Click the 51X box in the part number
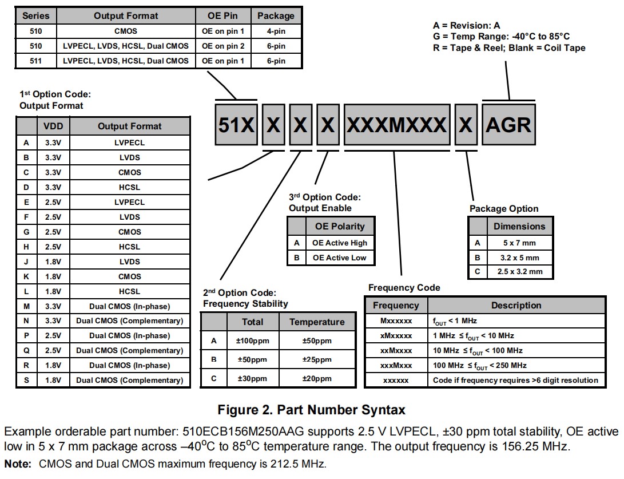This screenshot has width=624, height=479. (x=236, y=125)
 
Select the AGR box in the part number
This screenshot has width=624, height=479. (x=508, y=125)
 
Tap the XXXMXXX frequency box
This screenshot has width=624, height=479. (x=397, y=125)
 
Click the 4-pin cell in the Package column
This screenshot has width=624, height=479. (x=276, y=31)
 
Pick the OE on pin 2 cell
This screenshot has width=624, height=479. (x=222, y=46)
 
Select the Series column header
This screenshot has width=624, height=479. (x=35, y=16)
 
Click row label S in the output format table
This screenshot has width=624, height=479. (x=26, y=380)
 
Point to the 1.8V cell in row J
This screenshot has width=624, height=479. (x=53, y=262)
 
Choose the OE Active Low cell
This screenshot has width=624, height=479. (x=339, y=258)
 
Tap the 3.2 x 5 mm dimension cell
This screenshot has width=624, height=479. (x=519, y=258)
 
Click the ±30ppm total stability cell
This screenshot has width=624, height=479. (x=252, y=378)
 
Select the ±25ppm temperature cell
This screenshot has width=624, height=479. (x=317, y=359)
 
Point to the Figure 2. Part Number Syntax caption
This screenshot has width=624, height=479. (x=312, y=410)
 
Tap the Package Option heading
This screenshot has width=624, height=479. (x=504, y=209)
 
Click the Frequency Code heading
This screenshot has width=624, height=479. (x=404, y=287)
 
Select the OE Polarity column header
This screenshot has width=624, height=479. (x=339, y=226)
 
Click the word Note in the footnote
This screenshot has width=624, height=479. (x=18, y=464)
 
